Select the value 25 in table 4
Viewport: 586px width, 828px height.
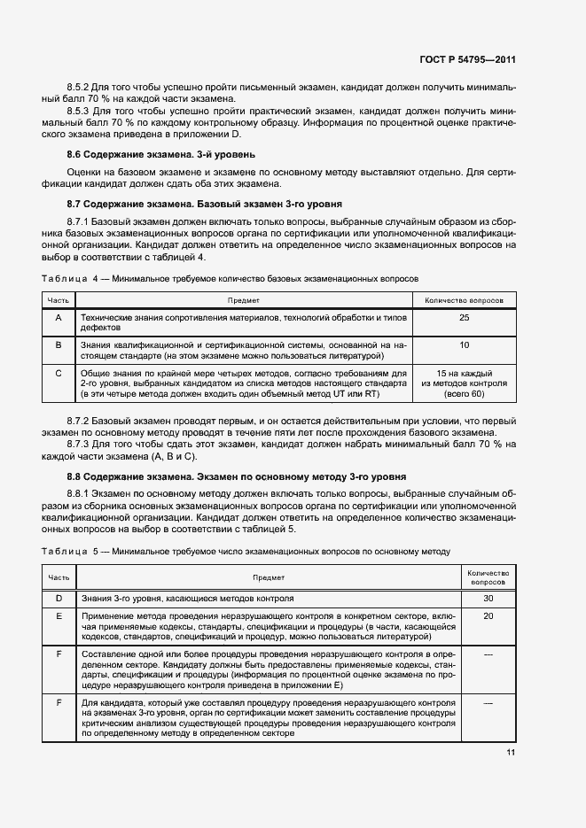click(x=465, y=317)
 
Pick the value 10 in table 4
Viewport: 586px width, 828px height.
click(x=465, y=344)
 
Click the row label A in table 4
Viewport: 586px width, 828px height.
click(x=59, y=317)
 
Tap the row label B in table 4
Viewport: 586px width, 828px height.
click(x=59, y=344)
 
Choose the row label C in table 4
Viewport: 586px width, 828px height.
click(x=59, y=373)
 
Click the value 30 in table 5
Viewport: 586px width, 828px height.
click(x=488, y=598)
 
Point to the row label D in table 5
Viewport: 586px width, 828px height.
click(x=59, y=598)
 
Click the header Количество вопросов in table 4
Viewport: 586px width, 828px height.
click(x=465, y=301)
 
